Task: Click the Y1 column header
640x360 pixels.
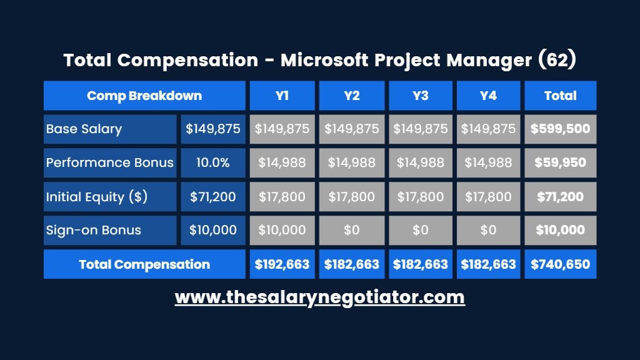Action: coord(282,96)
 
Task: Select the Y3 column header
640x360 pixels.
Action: coord(421,96)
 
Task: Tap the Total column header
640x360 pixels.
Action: coord(560,96)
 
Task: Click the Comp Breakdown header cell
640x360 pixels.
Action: coord(144,96)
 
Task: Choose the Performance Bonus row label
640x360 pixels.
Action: coord(110,163)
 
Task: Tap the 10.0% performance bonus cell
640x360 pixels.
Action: coord(212,163)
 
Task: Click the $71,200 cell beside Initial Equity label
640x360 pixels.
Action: coord(212,197)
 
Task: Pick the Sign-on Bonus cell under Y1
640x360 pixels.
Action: coord(282,230)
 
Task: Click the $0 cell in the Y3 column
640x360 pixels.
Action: coord(421,230)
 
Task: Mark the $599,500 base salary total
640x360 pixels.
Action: coord(560,129)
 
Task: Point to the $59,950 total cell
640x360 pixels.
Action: coord(560,163)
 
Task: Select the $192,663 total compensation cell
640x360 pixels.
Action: coord(282,264)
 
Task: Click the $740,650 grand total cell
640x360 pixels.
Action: coord(560,264)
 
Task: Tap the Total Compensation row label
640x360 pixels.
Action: coord(144,264)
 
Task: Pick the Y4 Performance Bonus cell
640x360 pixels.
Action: coord(488,163)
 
